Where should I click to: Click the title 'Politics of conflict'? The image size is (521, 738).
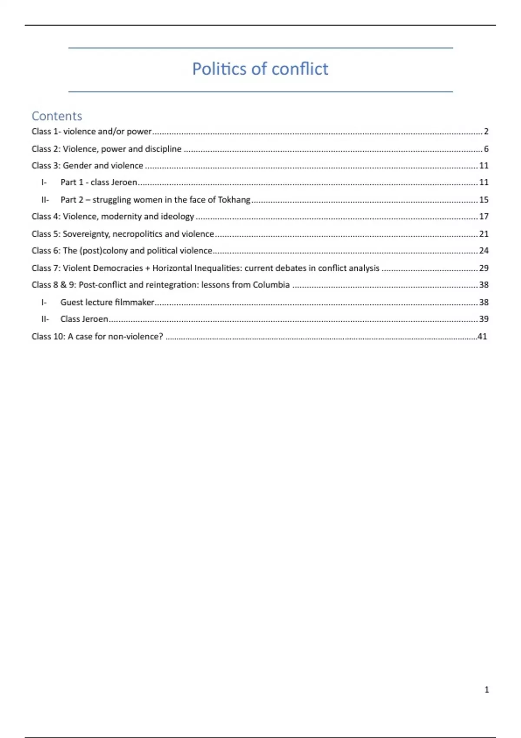click(x=260, y=69)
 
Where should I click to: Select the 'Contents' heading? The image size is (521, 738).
click(x=57, y=116)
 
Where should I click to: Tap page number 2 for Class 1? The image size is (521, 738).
click(x=486, y=132)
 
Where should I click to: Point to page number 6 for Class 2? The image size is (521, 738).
click(x=486, y=149)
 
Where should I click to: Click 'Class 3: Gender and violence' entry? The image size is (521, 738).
click(x=87, y=165)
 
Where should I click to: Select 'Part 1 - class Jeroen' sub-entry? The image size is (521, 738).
click(x=99, y=182)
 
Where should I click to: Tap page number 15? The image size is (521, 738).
click(x=484, y=200)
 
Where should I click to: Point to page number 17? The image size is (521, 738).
click(x=484, y=217)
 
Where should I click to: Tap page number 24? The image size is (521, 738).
click(x=484, y=251)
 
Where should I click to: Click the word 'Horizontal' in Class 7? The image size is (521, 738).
click(x=172, y=268)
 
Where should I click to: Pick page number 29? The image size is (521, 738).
click(x=484, y=268)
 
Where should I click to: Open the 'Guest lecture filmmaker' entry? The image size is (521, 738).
click(x=107, y=302)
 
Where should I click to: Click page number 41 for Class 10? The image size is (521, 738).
click(x=482, y=336)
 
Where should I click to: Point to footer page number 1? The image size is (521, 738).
click(x=487, y=690)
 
